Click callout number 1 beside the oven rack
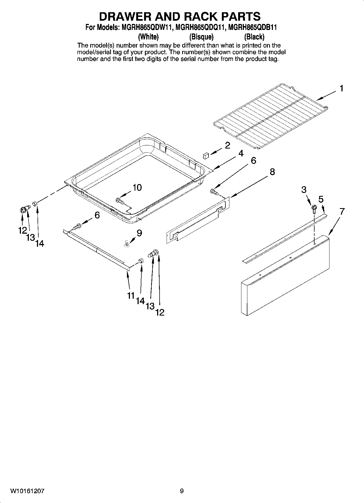click(341, 89)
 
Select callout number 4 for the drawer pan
click(241, 153)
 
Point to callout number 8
click(272, 172)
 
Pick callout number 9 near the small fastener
click(139, 233)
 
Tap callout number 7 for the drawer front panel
click(342, 211)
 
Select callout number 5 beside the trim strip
click(321, 199)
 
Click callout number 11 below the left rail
click(131, 295)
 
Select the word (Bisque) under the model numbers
click(201, 37)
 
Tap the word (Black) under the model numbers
click(254, 37)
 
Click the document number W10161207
click(27, 491)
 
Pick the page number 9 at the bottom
click(182, 491)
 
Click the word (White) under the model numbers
click(148, 37)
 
